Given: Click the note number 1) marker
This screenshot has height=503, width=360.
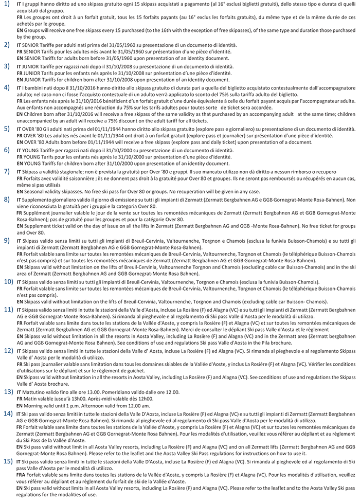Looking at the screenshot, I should tap(5, 5).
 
